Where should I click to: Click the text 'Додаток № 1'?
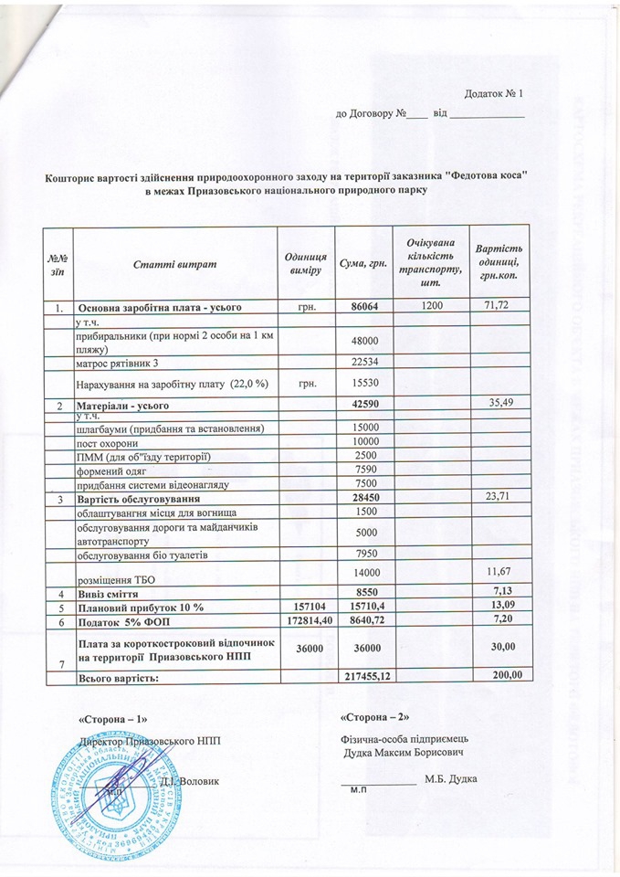(x=493, y=94)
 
